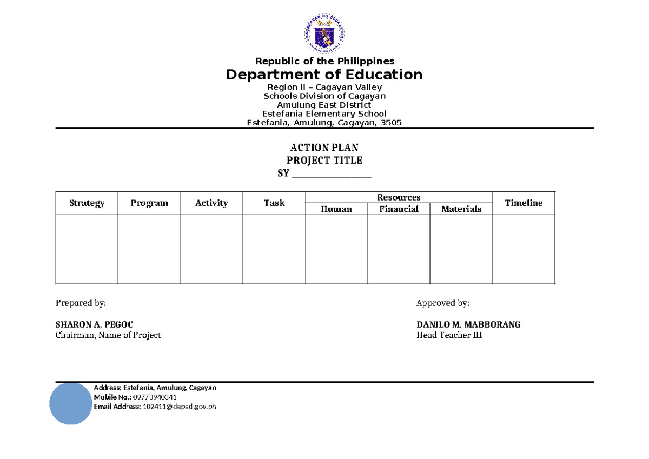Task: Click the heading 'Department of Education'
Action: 324,74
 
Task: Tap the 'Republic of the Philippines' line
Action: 325,61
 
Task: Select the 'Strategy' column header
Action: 87,203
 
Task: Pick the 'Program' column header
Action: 149,203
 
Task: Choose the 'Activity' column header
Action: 211,203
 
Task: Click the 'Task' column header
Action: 274,203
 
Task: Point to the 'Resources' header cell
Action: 399,198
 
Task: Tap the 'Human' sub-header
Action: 336,209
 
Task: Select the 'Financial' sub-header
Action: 399,209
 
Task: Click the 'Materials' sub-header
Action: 461,209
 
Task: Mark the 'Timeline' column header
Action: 524,203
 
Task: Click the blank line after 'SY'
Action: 332,175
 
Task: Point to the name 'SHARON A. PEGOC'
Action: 94,324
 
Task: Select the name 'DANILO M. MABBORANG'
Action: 468,324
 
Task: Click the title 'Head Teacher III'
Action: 449,335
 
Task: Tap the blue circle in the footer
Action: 70,403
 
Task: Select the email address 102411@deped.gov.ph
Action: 179,407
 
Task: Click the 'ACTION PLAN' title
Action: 325,148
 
